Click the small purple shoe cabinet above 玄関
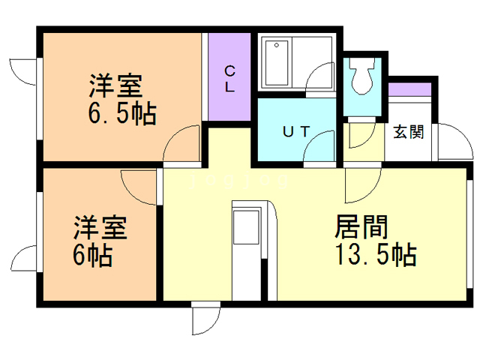click(x=409, y=91)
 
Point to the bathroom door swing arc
click(x=321, y=78)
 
